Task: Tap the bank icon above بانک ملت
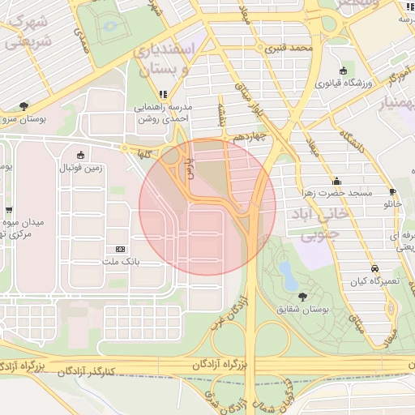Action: [121, 249]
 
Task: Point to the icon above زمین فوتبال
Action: [79, 156]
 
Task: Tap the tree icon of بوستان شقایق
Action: [303, 297]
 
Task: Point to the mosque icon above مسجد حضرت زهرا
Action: [336, 181]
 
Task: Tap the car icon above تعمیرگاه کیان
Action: [374, 267]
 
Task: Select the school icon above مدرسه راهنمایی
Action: [165, 94]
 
